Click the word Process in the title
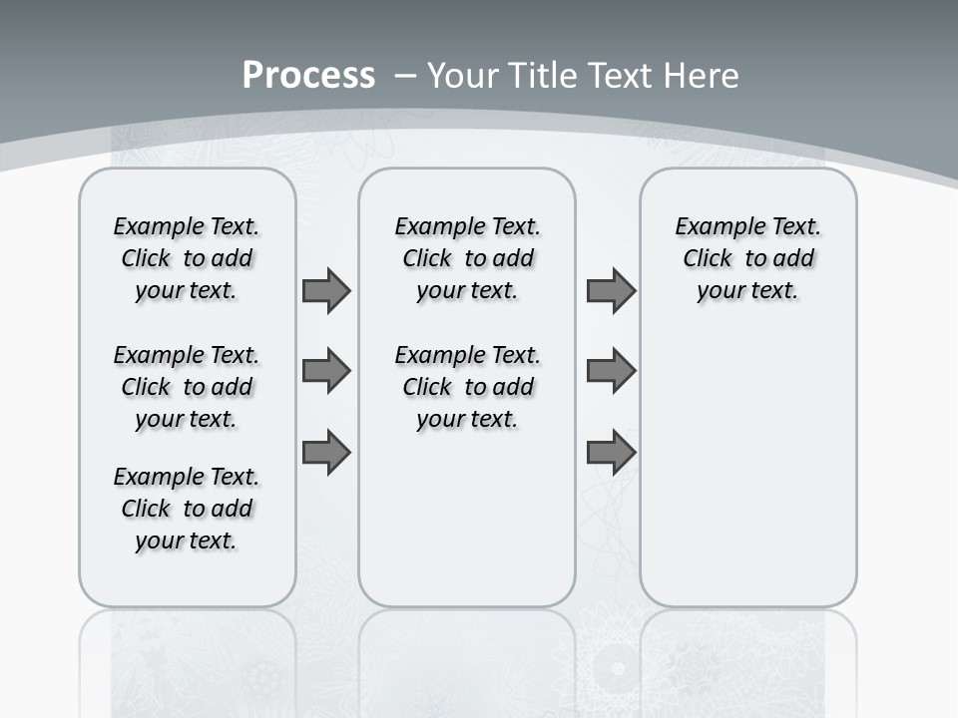pos(308,76)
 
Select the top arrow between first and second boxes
pos(326,290)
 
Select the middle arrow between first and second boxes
pos(326,371)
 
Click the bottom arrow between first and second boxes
pos(326,452)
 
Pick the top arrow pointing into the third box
pos(611,290)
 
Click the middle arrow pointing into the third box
pos(611,371)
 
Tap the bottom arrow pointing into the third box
pos(611,452)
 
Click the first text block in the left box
pos(187,258)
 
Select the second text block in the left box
pos(187,387)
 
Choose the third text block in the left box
pos(187,509)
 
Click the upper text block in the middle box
pos(467,258)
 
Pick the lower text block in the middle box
pos(467,387)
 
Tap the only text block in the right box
pos(747,258)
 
